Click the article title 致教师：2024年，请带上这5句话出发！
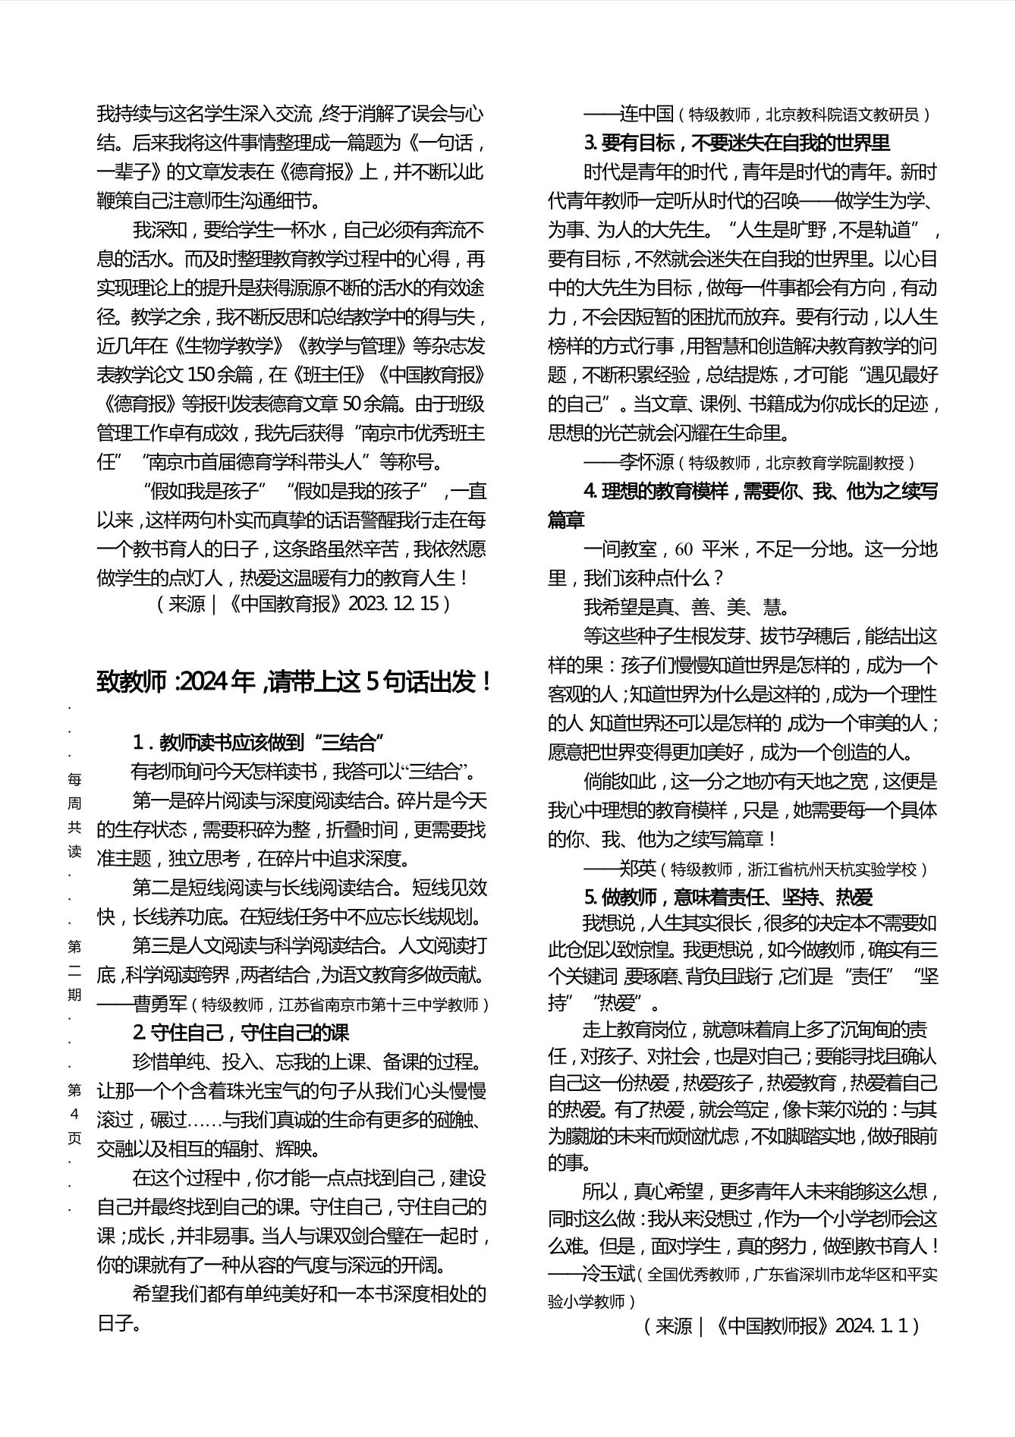click(295, 682)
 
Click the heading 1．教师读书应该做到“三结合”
click(258, 742)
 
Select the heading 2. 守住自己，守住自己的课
click(241, 1033)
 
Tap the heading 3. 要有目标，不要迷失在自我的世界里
click(737, 143)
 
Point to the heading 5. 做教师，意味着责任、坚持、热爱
click(728, 898)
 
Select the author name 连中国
click(646, 115)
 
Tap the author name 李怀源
click(646, 462)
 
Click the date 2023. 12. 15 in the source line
click(395, 604)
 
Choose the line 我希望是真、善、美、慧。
click(687, 607)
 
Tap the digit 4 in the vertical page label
click(74, 1115)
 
